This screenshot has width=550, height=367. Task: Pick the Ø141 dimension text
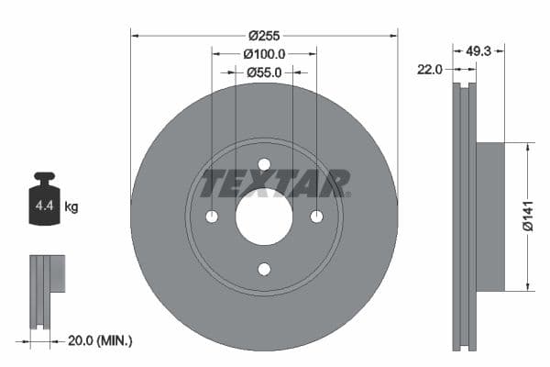pyautogui.click(x=529, y=217)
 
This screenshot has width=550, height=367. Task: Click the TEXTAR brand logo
pyautogui.click(x=274, y=183)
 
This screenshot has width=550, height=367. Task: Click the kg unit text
pyautogui.click(x=71, y=207)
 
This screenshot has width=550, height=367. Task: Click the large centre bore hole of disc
pyautogui.click(x=264, y=217)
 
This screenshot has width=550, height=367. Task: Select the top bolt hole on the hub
pyautogui.click(x=264, y=165)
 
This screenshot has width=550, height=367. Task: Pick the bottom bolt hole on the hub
pyautogui.click(x=264, y=269)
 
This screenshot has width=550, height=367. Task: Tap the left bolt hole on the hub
pyautogui.click(x=212, y=217)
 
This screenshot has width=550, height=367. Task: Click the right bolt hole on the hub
pyautogui.click(x=316, y=217)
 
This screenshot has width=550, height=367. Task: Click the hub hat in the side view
pyautogui.click(x=490, y=217)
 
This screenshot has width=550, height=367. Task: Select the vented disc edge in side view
pyautogui.click(x=466, y=217)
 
